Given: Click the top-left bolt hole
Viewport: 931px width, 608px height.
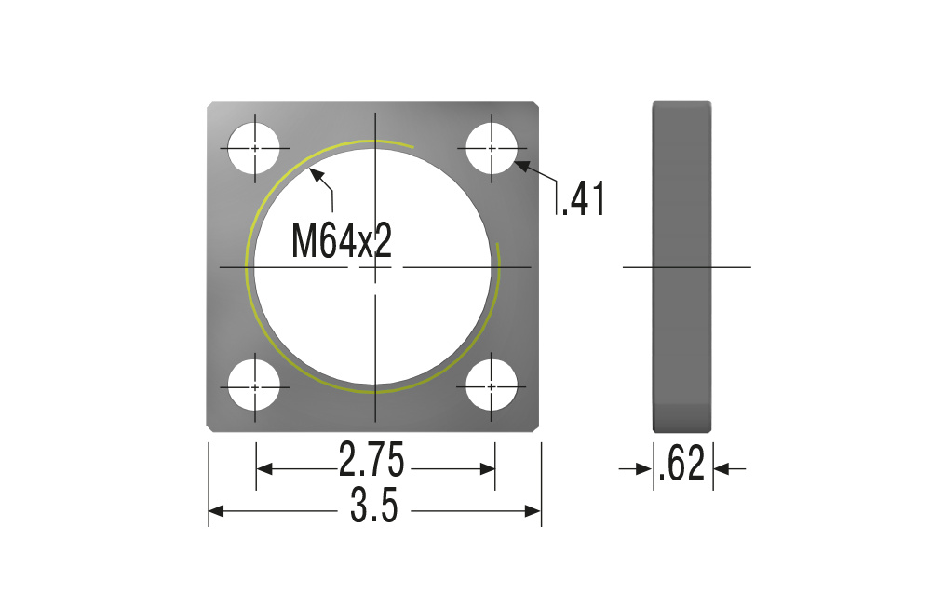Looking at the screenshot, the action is (254, 148).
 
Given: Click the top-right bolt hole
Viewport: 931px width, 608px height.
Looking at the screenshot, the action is (492, 148).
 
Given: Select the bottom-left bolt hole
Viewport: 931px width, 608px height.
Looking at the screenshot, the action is (254, 386).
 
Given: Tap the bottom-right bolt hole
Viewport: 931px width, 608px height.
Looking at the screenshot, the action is (492, 386).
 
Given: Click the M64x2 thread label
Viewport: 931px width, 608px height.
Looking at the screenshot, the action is (342, 241).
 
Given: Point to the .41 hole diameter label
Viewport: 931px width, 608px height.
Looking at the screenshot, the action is (583, 199).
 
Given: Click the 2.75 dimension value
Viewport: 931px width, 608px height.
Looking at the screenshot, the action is (371, 459).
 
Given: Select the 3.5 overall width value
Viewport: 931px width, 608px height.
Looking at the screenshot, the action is (373, 506).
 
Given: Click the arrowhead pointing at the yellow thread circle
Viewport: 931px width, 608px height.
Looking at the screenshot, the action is (317, 175).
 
